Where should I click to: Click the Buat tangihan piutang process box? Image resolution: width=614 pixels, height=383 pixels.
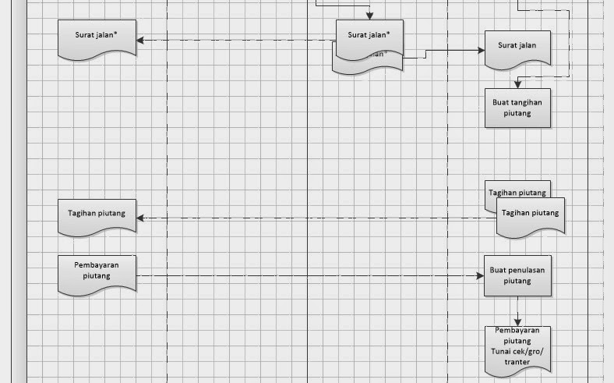point(517,108)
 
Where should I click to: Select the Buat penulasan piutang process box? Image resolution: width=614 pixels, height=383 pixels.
point(517,275)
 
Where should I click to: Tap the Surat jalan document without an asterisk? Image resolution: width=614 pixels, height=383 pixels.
point(517,48)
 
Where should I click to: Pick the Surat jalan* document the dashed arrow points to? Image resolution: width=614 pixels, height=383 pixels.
point(97,37)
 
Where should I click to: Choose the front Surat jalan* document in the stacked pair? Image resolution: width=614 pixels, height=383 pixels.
point(369,37)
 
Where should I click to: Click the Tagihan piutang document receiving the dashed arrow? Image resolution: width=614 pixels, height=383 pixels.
point(97,215)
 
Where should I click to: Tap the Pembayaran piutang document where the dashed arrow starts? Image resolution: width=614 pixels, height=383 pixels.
point(97,273)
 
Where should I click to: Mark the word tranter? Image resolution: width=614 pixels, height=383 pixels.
point(517,361)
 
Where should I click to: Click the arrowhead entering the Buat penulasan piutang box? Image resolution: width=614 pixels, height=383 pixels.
point(480,276)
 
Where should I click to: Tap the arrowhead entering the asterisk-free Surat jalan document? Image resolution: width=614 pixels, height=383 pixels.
point(481,50)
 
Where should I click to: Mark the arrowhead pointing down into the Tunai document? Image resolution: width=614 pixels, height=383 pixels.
point(517,323)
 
